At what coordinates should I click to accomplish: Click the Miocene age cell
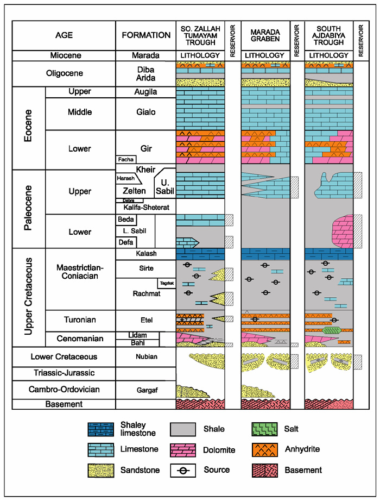64,55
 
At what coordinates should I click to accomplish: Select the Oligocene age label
65,73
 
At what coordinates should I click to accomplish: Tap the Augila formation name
145,92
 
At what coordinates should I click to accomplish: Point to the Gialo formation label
146,112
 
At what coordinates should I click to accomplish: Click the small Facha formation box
126,159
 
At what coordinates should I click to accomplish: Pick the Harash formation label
125,178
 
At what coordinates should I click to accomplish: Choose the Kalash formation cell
146,254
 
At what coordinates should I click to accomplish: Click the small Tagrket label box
167,283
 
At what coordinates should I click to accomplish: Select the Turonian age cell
80,321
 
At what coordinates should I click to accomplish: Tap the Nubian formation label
146,356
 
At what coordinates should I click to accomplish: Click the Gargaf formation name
147,390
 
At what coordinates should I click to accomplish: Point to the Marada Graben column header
265,35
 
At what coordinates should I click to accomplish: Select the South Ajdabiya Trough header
329,35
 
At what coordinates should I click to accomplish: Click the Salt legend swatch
264,429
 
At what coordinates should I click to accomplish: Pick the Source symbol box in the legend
183,471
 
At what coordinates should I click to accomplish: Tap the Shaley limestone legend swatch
101,429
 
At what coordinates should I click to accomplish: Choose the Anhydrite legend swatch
264,449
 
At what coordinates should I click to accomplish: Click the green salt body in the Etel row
332,330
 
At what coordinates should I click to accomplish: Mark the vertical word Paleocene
28,208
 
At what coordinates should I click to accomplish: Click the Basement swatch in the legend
264,471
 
